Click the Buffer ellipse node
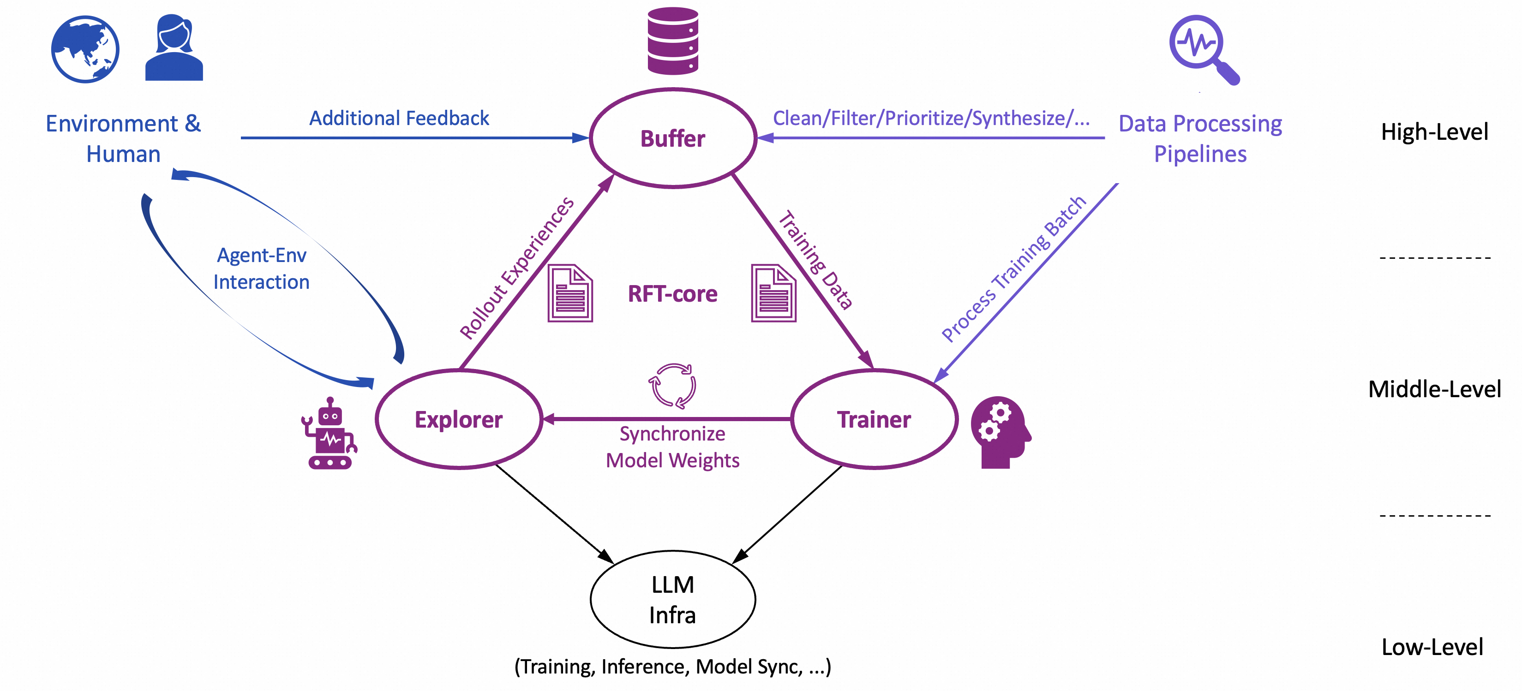pos(673,138)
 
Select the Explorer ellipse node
pos(458,419)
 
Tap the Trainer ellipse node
pos(874,419)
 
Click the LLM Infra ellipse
pos(673,600)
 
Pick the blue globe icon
pos(85,49)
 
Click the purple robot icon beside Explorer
pos(330,434)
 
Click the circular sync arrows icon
pos(672,386)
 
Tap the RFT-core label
pos(672,293)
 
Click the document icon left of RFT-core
pos(569,293)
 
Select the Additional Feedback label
pos(399,118)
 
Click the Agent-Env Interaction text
pos(261,269)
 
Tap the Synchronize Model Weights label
pos(672,447)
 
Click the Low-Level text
pos(1432,647)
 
